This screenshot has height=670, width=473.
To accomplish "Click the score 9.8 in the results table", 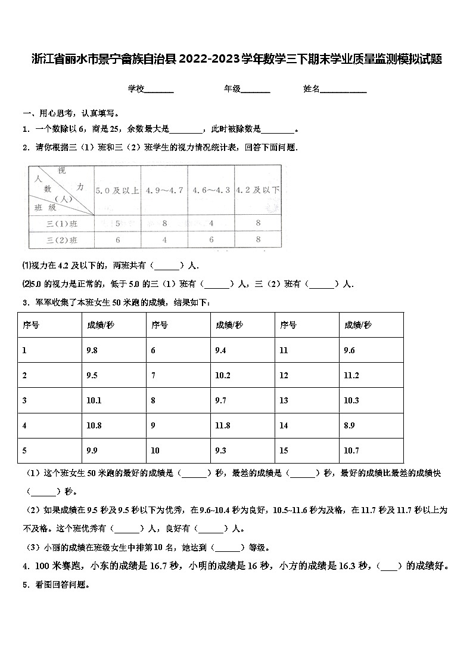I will pyautogui.click(x=92, y=350).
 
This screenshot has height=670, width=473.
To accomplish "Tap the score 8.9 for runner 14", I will pyautogui.click(x=350, y=425).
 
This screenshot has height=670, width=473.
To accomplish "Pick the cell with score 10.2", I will pyautogui.click(x=222, y=375).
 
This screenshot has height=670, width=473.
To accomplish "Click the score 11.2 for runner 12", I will pyautogui.click(x=351, y=375).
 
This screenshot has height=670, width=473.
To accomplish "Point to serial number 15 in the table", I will pyautogui.click(x=284, y=450).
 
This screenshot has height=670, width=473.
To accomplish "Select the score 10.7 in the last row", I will pyautogui.click(x=351, y=450).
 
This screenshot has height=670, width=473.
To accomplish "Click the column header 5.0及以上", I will pyautogui.click(x=117, y=190).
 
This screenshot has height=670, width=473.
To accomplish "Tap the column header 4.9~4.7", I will pyautogui.click(x=164, y=190).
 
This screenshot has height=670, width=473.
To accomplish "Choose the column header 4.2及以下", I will pyautogui.click(x=257, y=190).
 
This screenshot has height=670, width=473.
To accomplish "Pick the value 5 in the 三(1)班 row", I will pyautogui.click(x=118, y=224).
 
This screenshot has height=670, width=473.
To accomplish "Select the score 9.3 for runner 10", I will pyautogui.click(x=220, y=450).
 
